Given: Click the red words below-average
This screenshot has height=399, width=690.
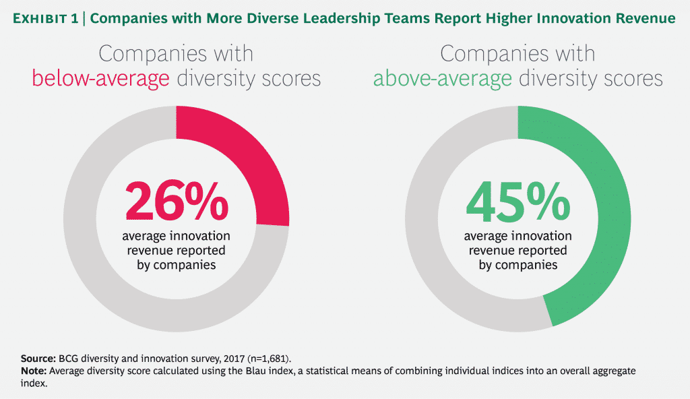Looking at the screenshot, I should tap(101, 79).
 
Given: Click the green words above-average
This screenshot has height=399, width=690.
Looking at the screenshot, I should tap(443, 79).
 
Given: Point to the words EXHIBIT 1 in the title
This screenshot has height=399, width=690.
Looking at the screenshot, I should tap(44, 18).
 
